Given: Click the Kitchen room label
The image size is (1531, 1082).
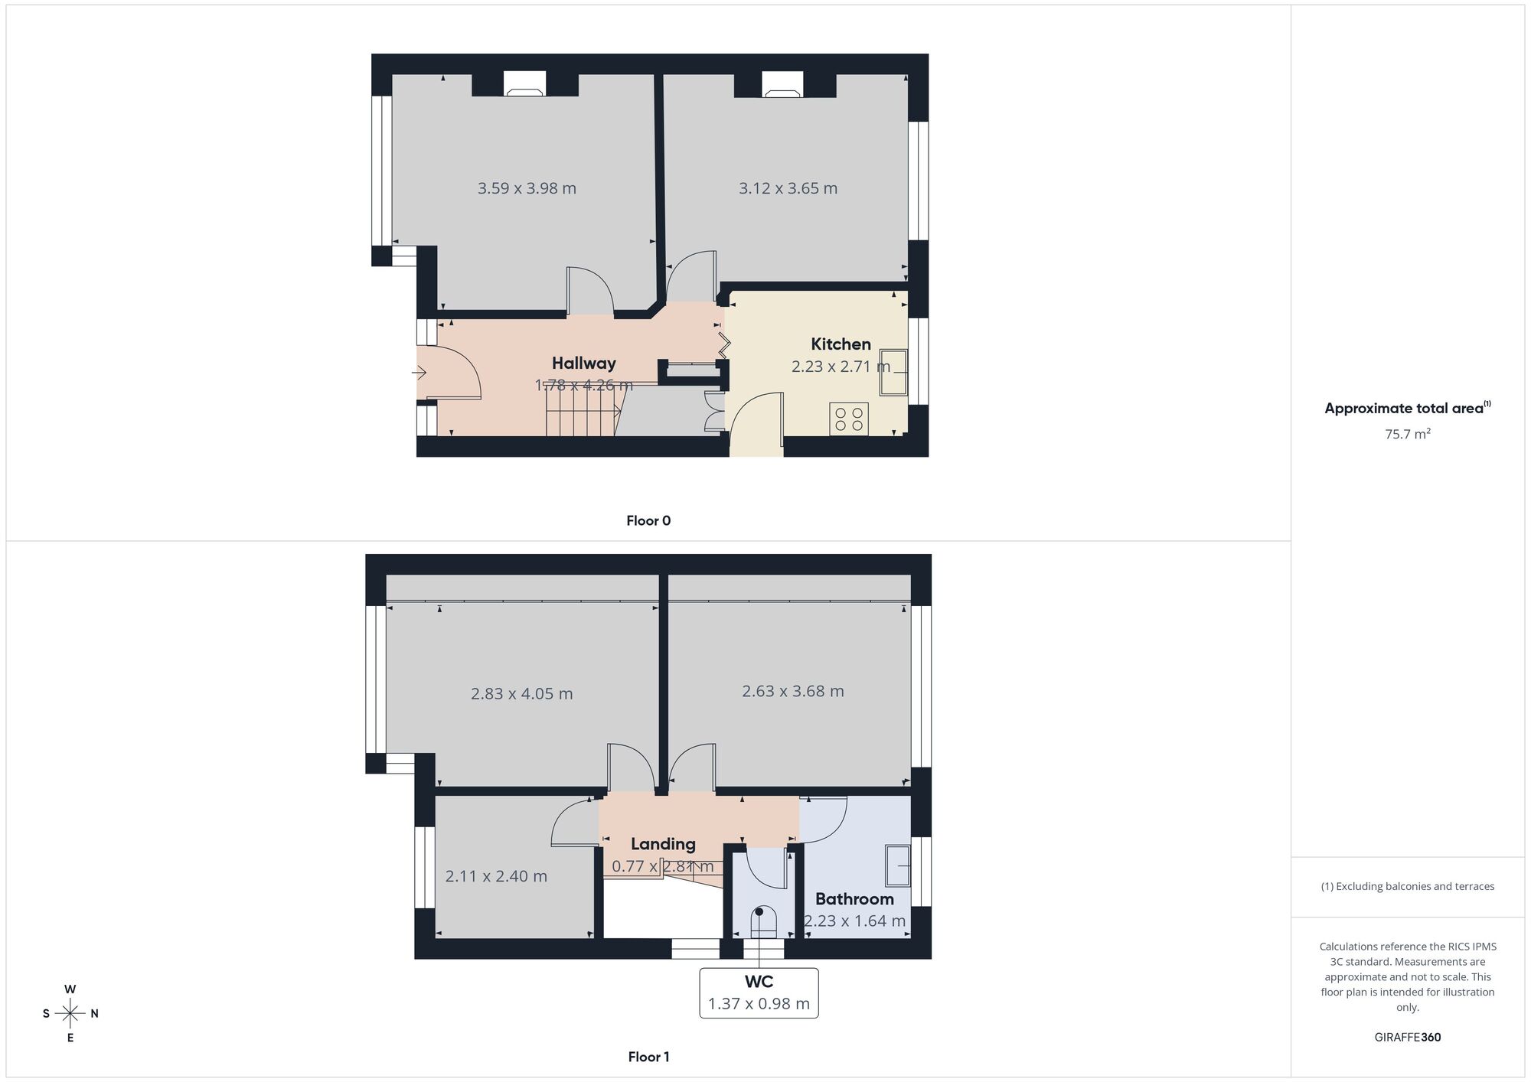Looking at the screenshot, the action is [x=841, y=344].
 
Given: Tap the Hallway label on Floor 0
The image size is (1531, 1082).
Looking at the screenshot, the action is [x=583, y=363].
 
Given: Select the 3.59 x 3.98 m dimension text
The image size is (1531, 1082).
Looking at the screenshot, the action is [x=527, y=188].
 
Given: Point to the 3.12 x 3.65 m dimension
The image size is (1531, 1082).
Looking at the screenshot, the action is [x=788, y=188].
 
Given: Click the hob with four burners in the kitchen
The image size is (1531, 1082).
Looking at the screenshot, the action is [x=849, y=419].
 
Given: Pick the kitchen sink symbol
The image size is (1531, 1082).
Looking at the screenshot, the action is [x=893, y=373].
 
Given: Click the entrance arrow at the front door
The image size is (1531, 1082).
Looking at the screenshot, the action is [x=419, y=373].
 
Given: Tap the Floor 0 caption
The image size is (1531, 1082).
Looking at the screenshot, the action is [x=648, y=521].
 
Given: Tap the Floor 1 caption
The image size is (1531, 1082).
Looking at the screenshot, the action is [x=648, y=1057].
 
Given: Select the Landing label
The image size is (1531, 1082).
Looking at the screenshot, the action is [x=663, y=844].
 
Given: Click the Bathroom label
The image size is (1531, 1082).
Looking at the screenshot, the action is [x=854, y=899].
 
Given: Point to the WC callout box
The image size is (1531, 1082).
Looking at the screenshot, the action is [x=759, y=993].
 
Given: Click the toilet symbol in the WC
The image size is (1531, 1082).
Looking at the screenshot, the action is [x=763, y=922].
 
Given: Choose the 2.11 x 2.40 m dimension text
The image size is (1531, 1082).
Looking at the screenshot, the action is [x=496, y=876].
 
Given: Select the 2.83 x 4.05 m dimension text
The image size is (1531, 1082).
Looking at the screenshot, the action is [x=521, y=694].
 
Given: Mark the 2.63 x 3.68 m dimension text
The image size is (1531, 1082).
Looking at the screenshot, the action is [x=793, y=691].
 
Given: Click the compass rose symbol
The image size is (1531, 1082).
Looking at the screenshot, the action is [x=70, y=1014].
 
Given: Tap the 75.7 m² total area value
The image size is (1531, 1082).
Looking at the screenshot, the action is [x=1408, y=434].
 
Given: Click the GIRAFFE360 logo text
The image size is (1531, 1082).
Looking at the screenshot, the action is [x=1408, y=1038].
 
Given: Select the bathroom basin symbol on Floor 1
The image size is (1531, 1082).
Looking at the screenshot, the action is [x=898, y=865].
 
